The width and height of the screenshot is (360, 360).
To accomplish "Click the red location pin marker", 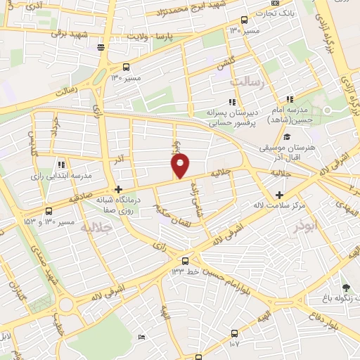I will pos(181,167).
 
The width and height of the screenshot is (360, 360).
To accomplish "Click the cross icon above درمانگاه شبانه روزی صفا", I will pos(118,189).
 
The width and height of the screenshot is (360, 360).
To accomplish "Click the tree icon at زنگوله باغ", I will pos(345,287).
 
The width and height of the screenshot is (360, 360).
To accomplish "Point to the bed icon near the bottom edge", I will pos(141,337).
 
